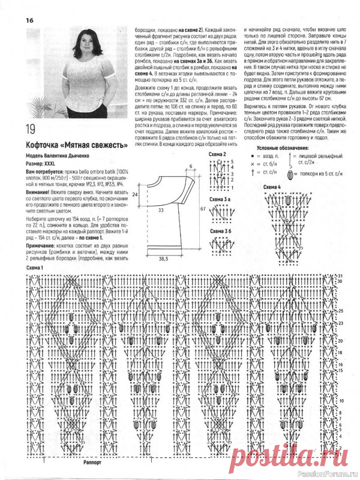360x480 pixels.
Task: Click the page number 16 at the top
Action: click(29, 20)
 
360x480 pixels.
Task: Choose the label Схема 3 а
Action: click(219, 199)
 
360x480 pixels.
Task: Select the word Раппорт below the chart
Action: click(94, 463)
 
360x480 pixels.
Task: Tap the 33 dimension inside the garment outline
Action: click(161, 211)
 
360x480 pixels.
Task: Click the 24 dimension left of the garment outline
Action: click(136, 195)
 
